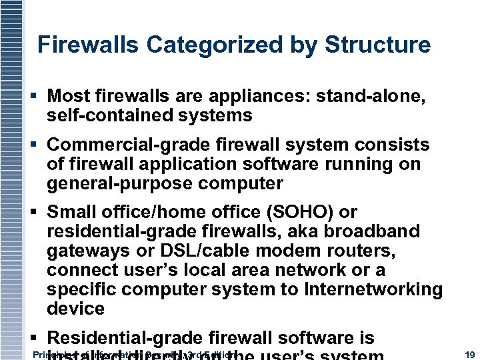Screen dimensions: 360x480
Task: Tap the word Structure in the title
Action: [377, 45]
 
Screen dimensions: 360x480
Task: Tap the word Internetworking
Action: [374, 290]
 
